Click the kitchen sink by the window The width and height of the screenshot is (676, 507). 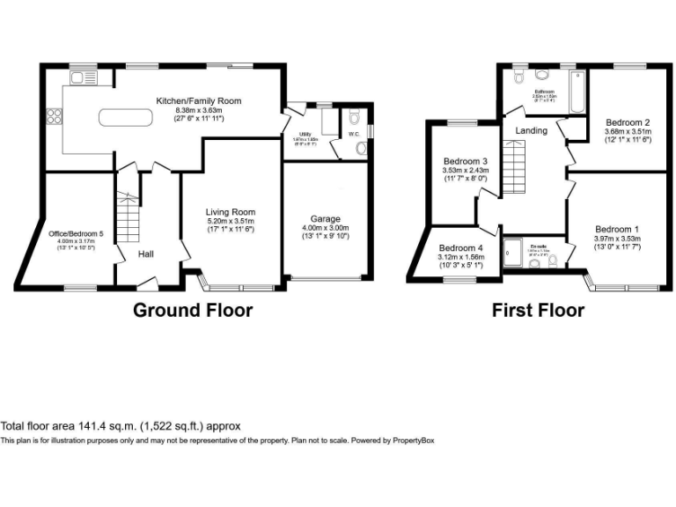84,78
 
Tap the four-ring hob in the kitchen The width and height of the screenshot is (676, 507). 54,118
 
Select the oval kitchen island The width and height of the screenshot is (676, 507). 129,117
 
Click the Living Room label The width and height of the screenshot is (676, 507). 231,212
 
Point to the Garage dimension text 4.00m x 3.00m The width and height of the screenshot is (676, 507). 325,228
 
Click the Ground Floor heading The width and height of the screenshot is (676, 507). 193,310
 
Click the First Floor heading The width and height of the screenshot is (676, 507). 538,310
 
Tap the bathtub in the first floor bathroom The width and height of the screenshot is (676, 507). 577,94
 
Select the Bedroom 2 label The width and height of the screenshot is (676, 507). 627,122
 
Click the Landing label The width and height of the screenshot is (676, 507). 531,130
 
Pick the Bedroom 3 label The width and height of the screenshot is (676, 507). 466,162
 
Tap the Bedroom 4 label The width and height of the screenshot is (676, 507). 461,247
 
